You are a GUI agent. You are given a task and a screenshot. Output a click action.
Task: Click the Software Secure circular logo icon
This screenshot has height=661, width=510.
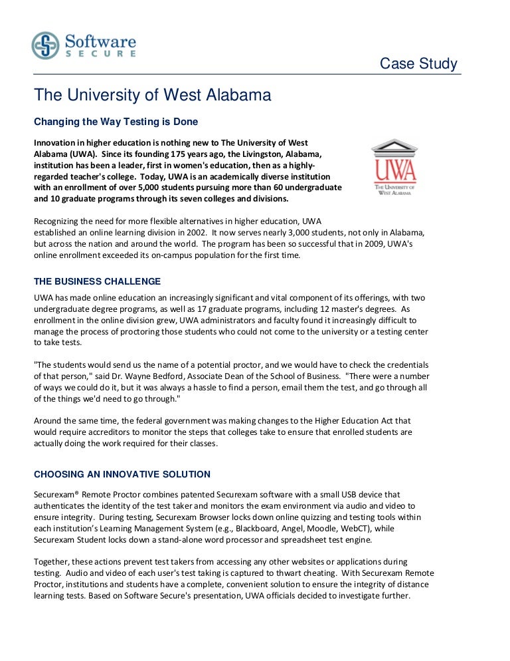pos(45,45)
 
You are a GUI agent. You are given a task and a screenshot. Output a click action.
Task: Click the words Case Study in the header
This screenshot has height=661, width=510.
pos(418,64)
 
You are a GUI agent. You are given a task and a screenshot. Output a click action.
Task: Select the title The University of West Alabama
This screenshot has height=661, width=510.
pos(153,96)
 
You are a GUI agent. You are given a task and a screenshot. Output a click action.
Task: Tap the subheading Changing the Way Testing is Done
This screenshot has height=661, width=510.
pos(116,122)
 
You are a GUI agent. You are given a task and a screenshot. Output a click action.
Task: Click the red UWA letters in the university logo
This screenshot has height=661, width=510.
pos(394,170)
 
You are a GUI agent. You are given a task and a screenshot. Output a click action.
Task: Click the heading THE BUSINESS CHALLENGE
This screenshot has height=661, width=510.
pos(97,281)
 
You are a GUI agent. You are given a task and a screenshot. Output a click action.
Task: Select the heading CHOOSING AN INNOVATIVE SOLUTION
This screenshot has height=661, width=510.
pos(122,474)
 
